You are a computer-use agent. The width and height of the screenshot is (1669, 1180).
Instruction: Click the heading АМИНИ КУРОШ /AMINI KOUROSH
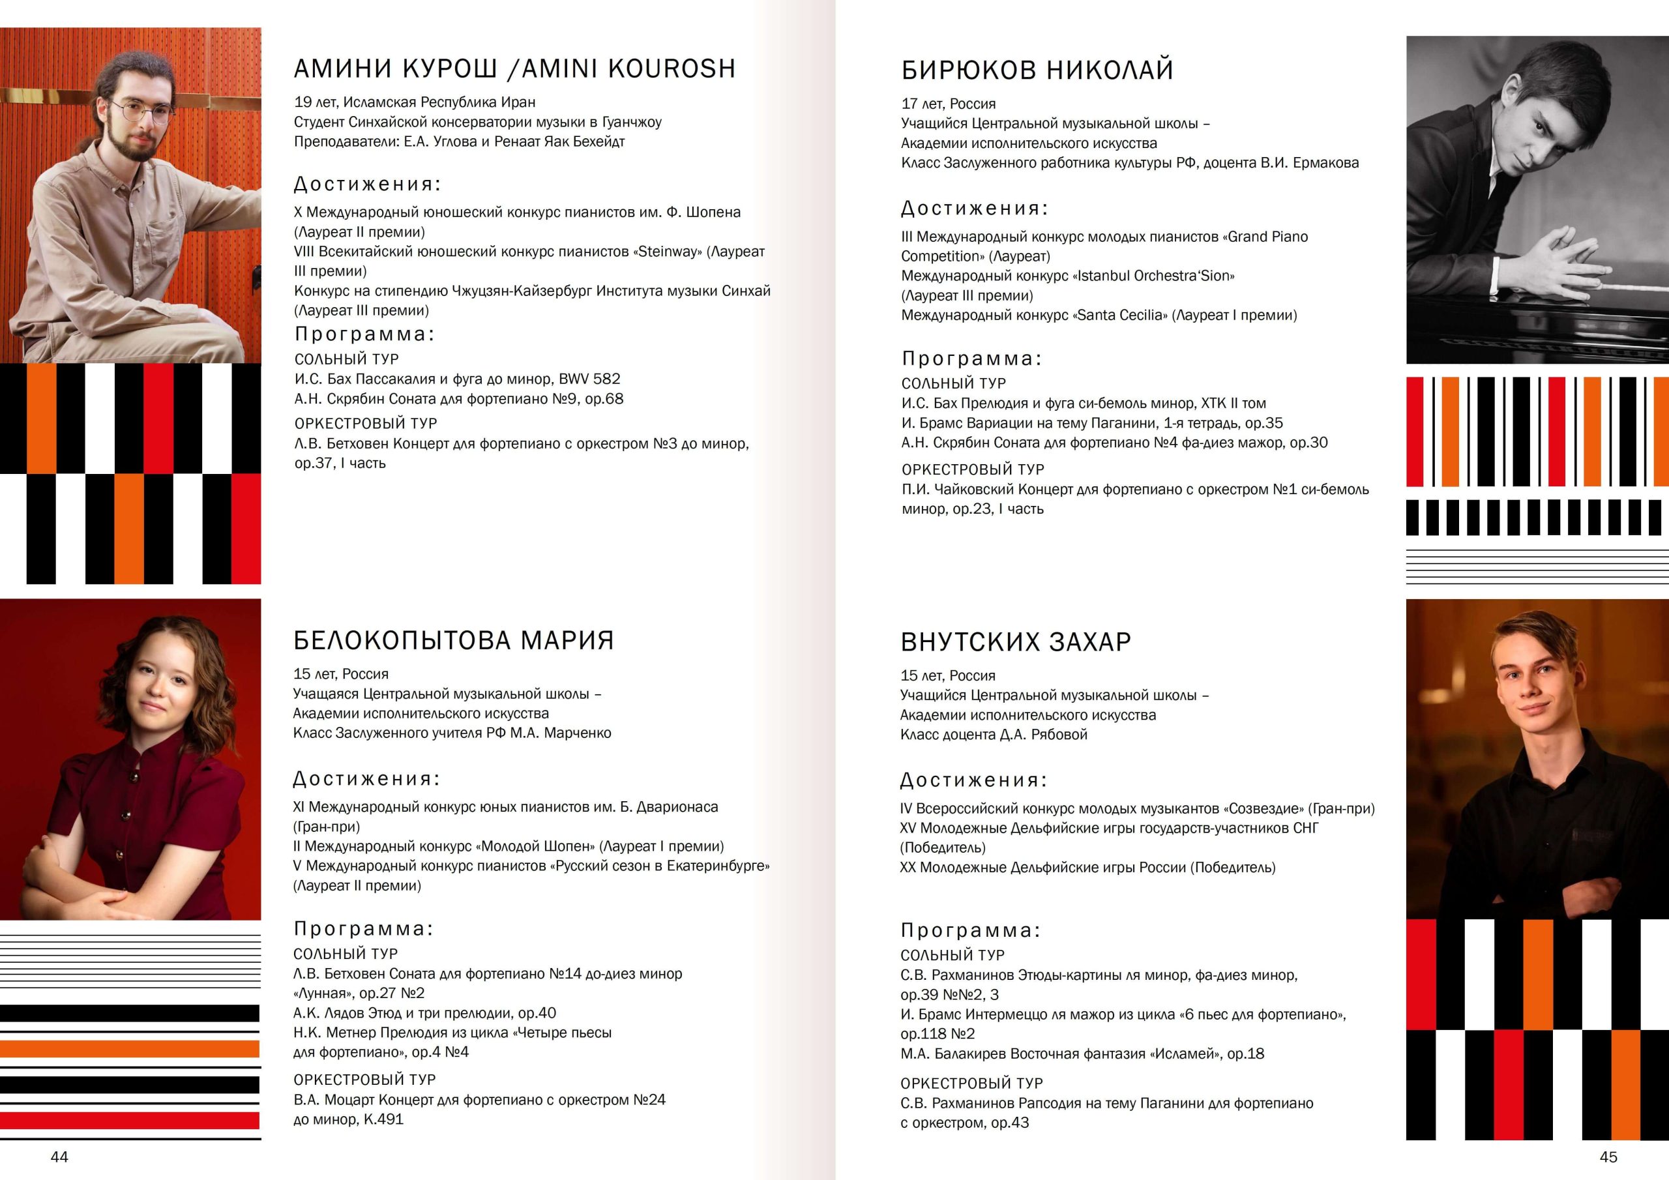(514, 68)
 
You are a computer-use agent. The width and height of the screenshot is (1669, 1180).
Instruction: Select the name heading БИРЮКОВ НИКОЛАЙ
(1037, 70)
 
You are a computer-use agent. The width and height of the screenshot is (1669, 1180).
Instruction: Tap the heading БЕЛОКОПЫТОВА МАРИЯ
(454, 641)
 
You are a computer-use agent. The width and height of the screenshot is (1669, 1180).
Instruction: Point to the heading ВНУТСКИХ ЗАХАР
(1016, 642)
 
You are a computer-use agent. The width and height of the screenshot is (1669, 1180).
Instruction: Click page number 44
(59, 1156)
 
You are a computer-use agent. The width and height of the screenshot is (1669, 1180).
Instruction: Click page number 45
(1608, 1156)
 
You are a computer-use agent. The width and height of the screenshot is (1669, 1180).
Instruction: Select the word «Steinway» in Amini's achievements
(668, 252)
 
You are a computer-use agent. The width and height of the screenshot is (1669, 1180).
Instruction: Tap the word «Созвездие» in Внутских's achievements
(1265, 808)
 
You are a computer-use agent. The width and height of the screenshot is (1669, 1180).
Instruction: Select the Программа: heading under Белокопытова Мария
(363, 928)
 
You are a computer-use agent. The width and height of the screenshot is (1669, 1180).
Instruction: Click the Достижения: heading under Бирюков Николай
(974, 209)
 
